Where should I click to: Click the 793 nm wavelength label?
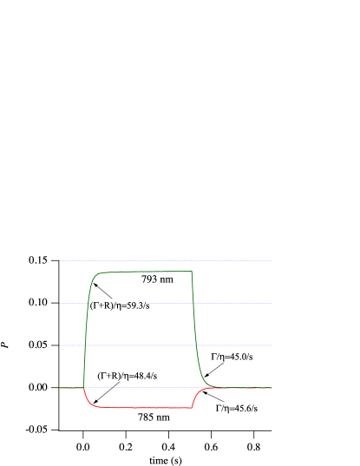coord(157,279)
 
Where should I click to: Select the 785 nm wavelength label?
coord(154,417)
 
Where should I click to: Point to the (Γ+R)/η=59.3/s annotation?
coord(120,305)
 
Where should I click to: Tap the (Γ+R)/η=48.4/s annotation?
coord(128,376)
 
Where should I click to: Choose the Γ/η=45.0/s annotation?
coord(232,357)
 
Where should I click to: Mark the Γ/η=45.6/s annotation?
coord(237,408)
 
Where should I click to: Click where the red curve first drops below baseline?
coord(84,392)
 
